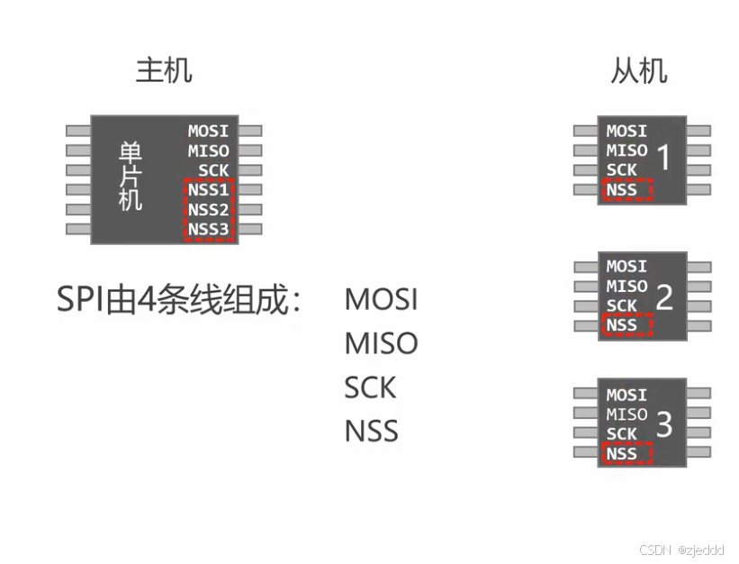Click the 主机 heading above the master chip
coord(164,70)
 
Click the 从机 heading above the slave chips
coord(639,70)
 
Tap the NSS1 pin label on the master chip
coord(208,190)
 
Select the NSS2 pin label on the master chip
coord(208,210)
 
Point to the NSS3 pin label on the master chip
coord(208,229)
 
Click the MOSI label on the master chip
coord(208,132)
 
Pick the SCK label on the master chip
coord(213,170)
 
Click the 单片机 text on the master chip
coord(131,176)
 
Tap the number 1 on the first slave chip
coord(664,159)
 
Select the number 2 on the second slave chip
coord(664,296)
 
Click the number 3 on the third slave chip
coord(664,425)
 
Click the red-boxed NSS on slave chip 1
coord(622,189)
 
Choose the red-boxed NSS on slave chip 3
coord(622,453)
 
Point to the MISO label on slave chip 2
coord(626,287)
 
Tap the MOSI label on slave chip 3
coord(626,395)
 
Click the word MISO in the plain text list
coord(381,343)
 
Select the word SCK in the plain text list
coord(370,387)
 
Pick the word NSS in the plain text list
coord(371,431)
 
